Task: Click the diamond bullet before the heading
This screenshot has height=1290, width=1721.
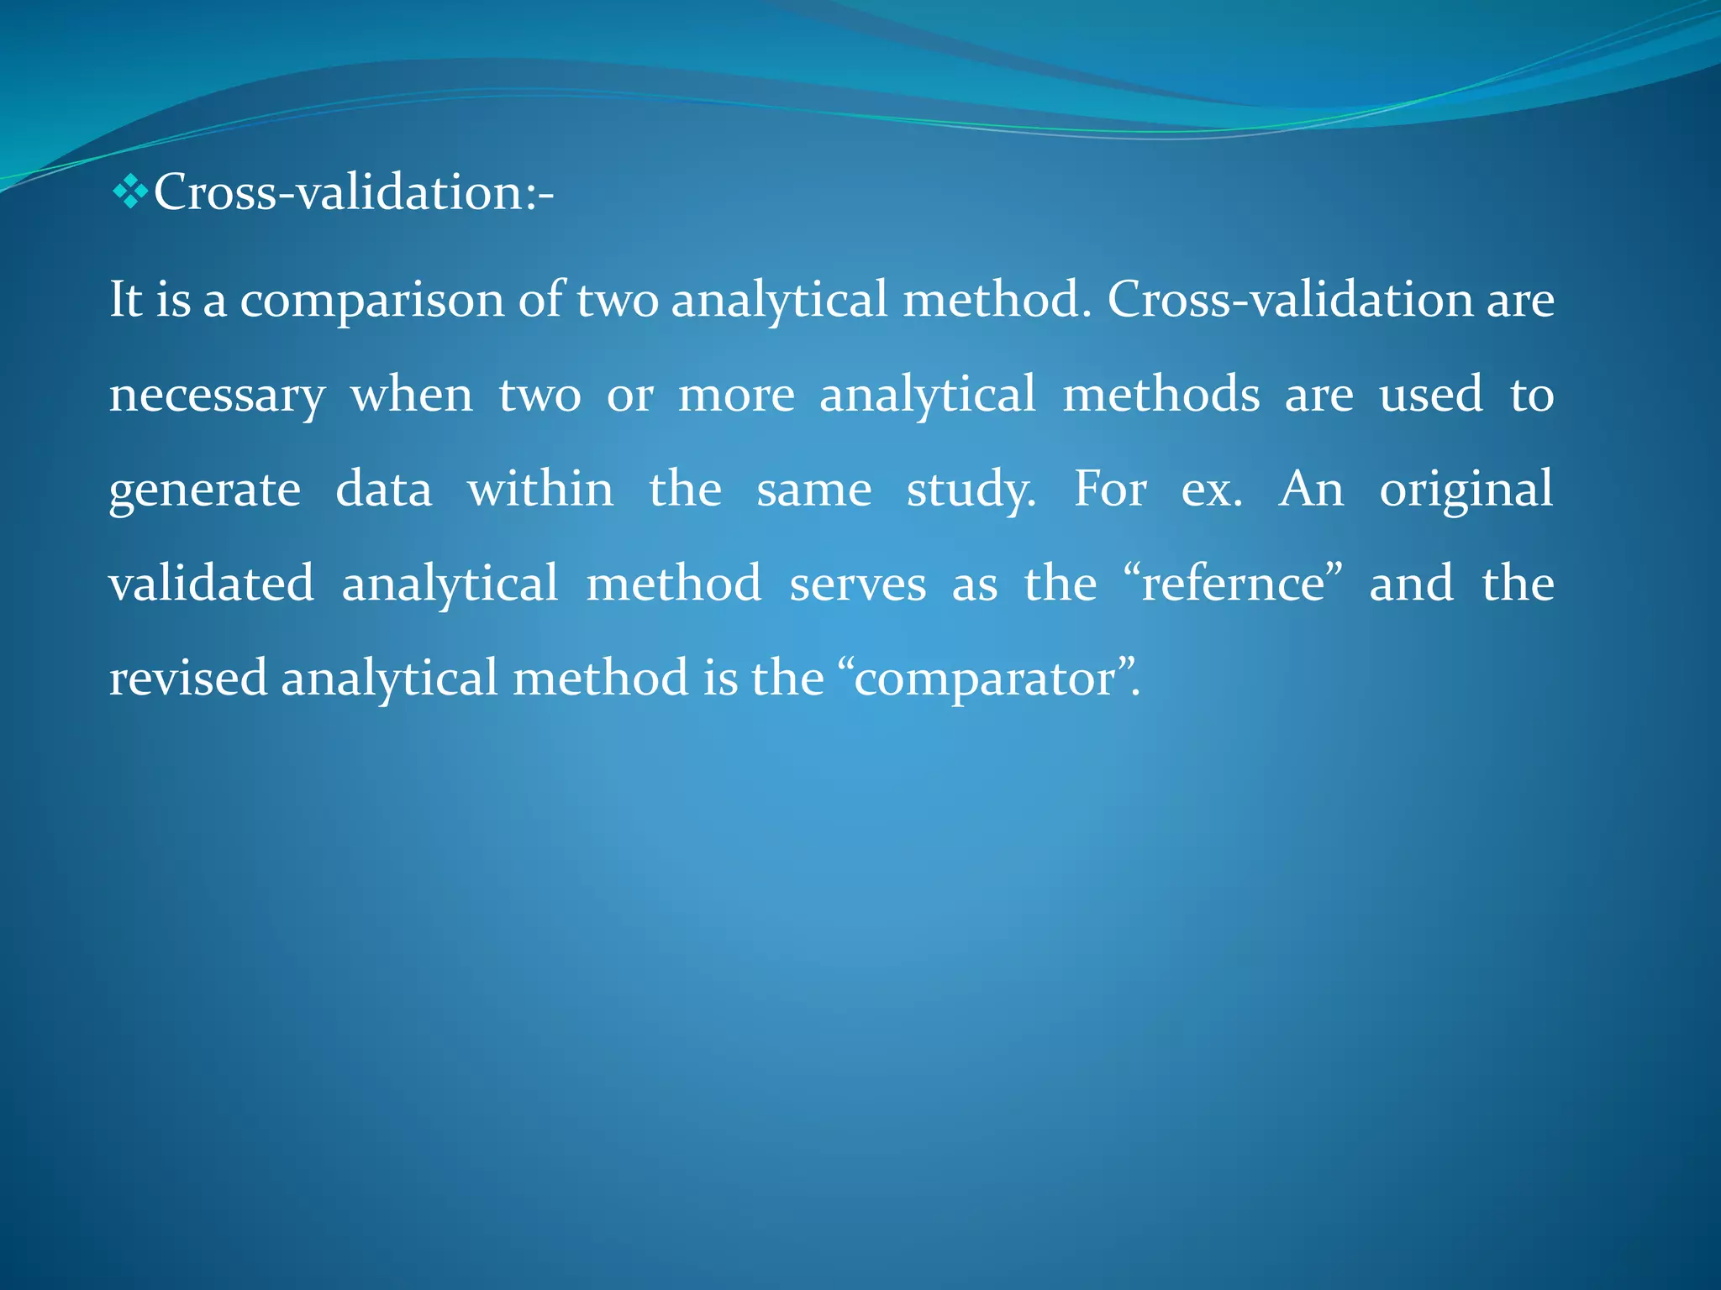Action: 129,192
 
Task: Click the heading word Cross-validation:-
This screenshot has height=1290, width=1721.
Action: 353,192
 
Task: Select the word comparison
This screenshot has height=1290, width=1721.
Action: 372,300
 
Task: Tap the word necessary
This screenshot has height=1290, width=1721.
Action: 217,396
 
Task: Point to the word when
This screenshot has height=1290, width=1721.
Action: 412,396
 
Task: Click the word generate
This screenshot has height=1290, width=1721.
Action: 204,490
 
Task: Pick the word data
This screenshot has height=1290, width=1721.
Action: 383,489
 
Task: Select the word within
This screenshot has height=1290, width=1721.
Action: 540,489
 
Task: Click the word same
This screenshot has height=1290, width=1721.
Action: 813,490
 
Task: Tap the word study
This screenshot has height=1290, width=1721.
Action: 970,490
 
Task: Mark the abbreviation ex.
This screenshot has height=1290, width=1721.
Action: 1211,490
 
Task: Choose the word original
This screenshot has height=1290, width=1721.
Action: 1466,490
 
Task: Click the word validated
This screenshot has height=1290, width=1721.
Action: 212,584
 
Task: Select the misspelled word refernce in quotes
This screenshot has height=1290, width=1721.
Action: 1233,584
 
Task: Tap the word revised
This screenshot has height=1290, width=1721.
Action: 188,679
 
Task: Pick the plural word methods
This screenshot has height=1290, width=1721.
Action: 1160,395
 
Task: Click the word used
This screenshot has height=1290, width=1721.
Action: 1430,395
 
